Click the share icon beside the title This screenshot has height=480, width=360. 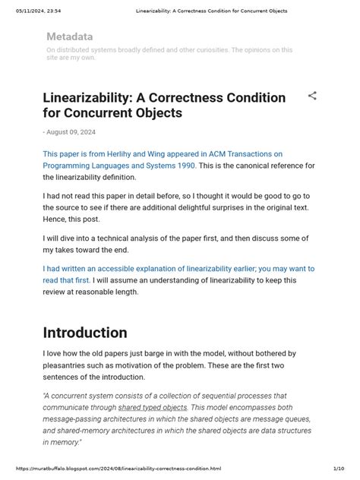[312, 96]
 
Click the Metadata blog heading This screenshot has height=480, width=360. [70, 36]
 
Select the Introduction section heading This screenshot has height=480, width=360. [85, 333]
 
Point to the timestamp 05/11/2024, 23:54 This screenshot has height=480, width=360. [37, 11]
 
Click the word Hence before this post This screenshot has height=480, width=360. [57, 219]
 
